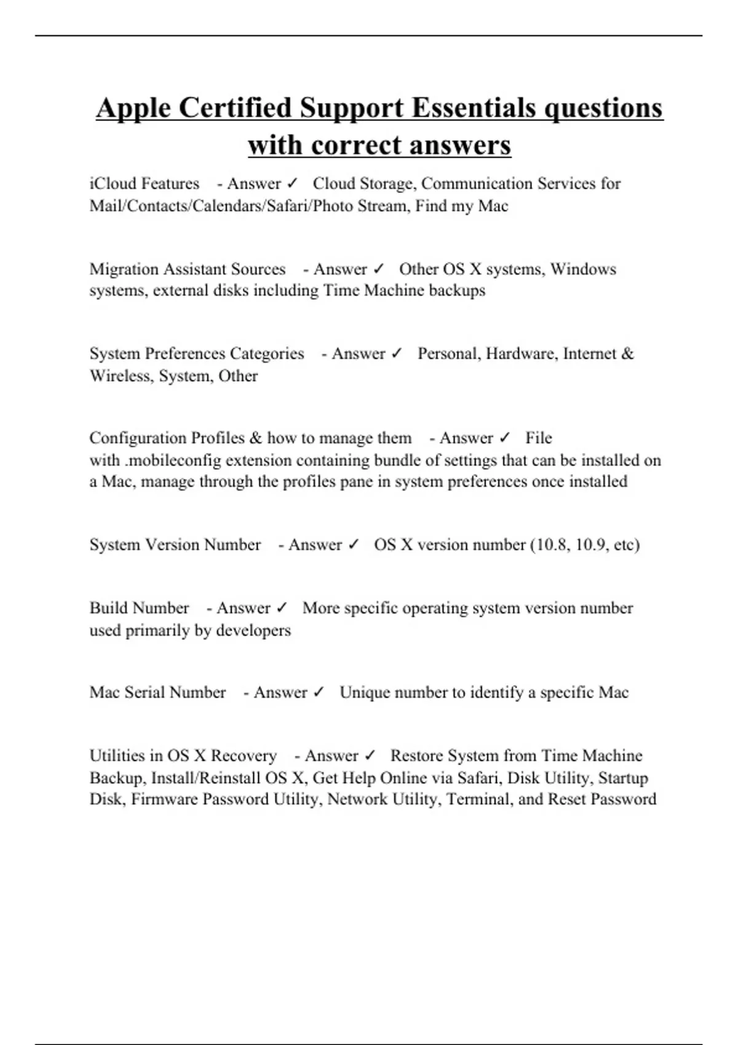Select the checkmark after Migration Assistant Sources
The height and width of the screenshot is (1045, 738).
click(x=378, y=269)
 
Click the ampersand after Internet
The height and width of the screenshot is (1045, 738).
click(x=627, y=354)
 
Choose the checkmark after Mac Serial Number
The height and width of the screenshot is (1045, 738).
click(x=319, y=693)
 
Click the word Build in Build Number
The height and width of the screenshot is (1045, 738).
click(x=109, y=609)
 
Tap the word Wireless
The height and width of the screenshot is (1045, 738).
click(x=120, y=376)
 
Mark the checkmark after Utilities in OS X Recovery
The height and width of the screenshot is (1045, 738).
click(x=370, y=755)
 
